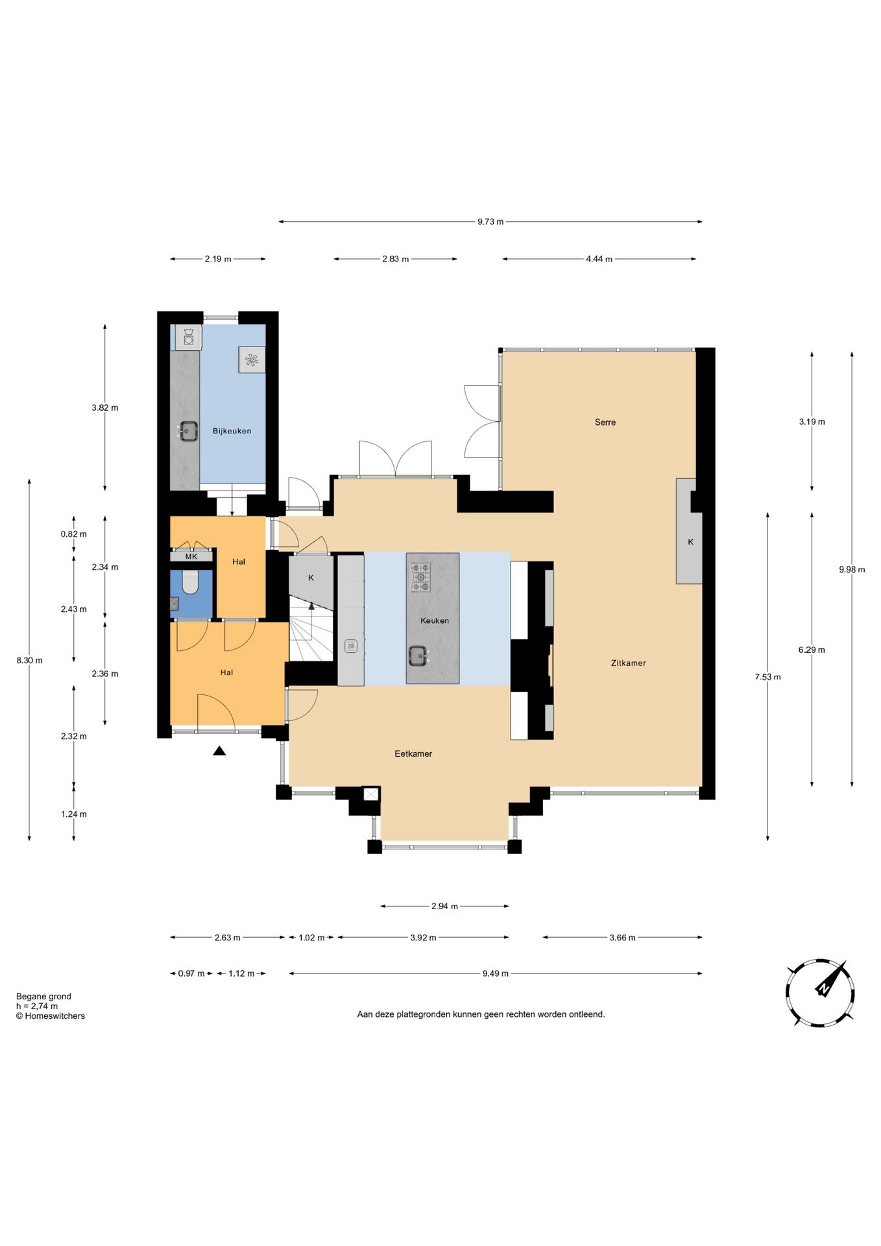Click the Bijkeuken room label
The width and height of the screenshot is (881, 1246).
[x=232, y=431]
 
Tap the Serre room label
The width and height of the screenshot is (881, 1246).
[x=605, y=422]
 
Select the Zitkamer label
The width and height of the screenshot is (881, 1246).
[x=628, y=663]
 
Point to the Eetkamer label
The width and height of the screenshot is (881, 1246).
[x=413, y=753]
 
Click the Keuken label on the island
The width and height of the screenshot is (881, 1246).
[x=435, y=620]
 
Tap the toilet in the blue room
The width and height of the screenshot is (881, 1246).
[x=190, y=582]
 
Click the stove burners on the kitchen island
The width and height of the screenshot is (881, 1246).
[x=420, y=578]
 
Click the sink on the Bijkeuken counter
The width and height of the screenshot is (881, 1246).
[x=187, y=431]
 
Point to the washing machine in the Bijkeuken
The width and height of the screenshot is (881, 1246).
[x=189, y=337]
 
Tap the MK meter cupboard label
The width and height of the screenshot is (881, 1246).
[x=191, y=557]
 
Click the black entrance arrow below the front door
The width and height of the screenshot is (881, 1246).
[x=219, y=751]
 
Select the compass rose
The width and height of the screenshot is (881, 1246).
[x=820, y=992]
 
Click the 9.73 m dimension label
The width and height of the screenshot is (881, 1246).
[x=490, y=222]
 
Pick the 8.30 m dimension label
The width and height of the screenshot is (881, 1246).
[x=29, y=661]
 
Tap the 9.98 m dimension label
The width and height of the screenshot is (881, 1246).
[x=852, y=570]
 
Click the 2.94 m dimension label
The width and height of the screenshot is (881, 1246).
[x=444, y=907]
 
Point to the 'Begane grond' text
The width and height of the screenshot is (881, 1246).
[x=43, y=997]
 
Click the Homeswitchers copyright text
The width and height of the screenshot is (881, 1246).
[x=51, y=1016]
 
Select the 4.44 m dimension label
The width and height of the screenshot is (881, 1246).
[x=599, y=259]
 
